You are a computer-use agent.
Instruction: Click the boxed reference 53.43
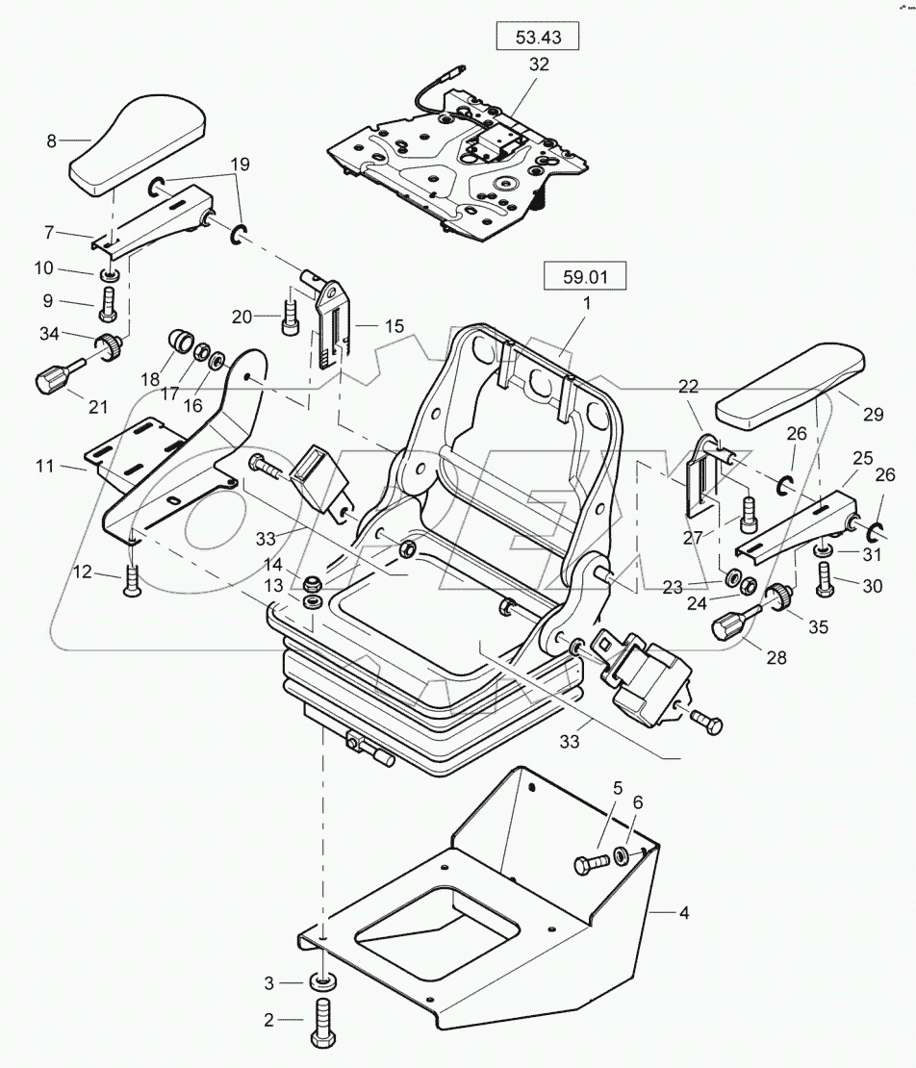point(538,38)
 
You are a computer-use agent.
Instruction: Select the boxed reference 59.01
point(586,277)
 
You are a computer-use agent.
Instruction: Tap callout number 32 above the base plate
point(538,65)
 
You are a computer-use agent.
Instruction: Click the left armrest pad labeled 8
point(141,140)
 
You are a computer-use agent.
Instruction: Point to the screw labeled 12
point(133,577)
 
